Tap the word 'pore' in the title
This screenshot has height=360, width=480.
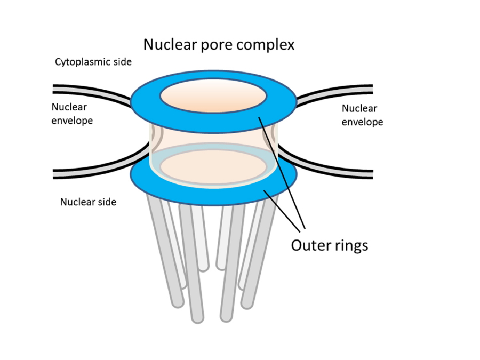[x=218, y=45]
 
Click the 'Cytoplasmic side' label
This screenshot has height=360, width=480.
[x=93, y=62]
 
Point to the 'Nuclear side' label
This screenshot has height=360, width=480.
[x=88, y=202]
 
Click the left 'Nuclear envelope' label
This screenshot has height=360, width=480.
[x=72, y=114]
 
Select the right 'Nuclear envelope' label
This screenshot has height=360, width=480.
[x=362, y=115]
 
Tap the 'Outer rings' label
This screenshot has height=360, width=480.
[x=329, y=246]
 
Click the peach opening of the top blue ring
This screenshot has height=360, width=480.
[x=213, y=98]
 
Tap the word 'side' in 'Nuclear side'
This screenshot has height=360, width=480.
[x=107, y=202]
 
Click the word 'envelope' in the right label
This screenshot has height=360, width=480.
[x=362, y=122]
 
